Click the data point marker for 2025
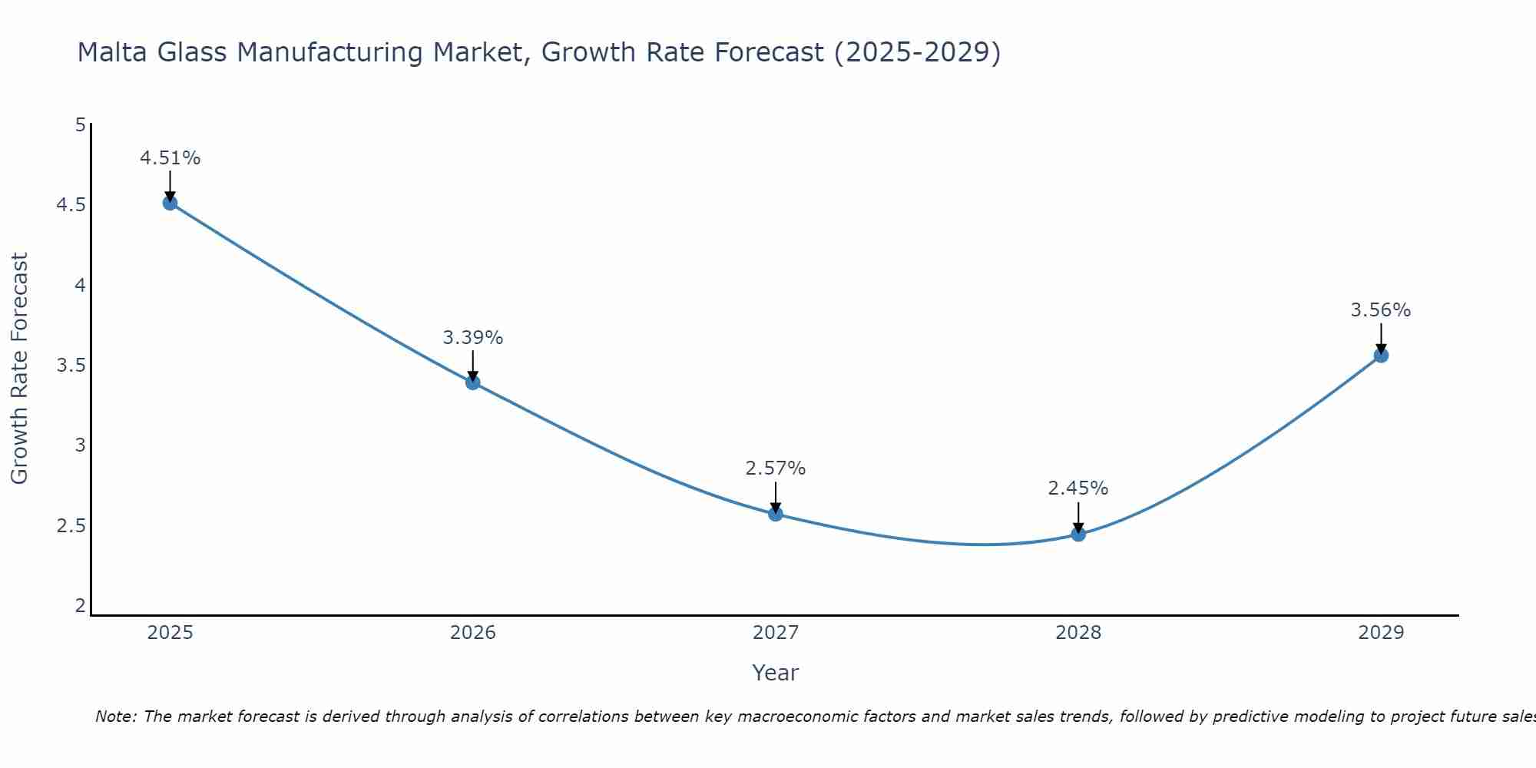pyautogui.click(x=170, y=203)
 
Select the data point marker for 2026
pyautogui.click(x=472, y=382)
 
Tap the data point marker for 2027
pyautogui.click(x=775, y=514)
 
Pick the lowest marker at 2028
pyautogui.click(x=1078, y=534)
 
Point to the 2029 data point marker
pyautogui.click(x=1380, y=355)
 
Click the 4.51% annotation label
pyautogui.click(x=170, y=158)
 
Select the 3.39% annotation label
pyautogui.click(x=472, y=338)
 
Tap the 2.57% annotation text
pyautogui.click(x=775, y=468)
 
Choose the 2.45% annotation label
pyautogui.click(x=1078, y=488)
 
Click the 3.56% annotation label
pyautogui.click(x=1380, y=310)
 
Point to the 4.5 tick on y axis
pyautogui.click(x=71, y=205)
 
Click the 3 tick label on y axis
pyautogui.click(x=80, y=445)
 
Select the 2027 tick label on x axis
pyautogui.click(x=775, y=633)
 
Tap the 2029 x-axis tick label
pyautogui.click(x=1380, y=633)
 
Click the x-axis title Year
pyautogui.click(x=775, y=673)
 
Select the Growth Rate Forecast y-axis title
pyautogui.click(x=19, y=369)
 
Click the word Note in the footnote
pyautogui.click(x=114, y=717)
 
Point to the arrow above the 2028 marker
pyautogui.click(x=1078, y=516)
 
